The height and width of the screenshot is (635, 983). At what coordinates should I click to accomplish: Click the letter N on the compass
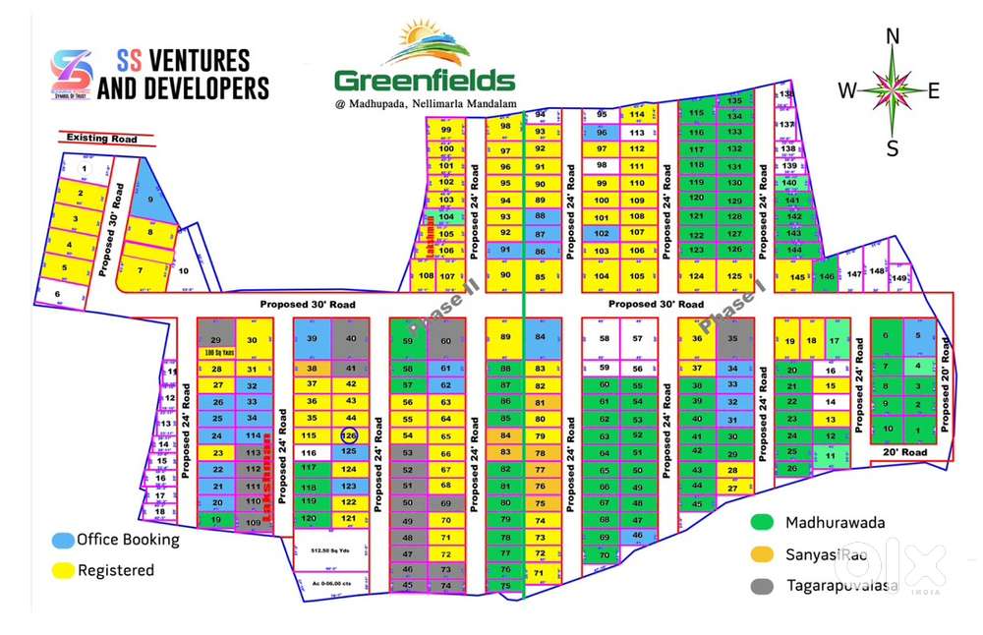(x=893, y=37)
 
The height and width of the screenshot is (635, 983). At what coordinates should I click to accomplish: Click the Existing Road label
(x=102, y=139)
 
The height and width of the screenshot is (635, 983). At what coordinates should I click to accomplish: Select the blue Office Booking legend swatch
(x=62, y=540)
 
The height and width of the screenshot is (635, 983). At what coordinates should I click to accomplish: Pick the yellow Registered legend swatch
(x=62, y=569)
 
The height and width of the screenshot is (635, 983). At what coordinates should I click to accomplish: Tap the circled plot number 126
(x=348, y=434)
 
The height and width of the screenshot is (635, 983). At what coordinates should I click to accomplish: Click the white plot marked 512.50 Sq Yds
(x=332, y=550)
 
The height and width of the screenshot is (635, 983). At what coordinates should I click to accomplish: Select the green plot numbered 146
(x=826, y=278)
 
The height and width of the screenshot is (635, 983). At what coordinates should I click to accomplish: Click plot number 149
(x=898, y=279)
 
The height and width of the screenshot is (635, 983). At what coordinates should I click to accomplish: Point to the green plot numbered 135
(x=733, y=100)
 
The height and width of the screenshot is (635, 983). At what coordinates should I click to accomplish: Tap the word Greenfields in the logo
(x=424, y=80)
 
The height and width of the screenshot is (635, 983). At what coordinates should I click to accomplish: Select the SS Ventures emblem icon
(x=72, y=74)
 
